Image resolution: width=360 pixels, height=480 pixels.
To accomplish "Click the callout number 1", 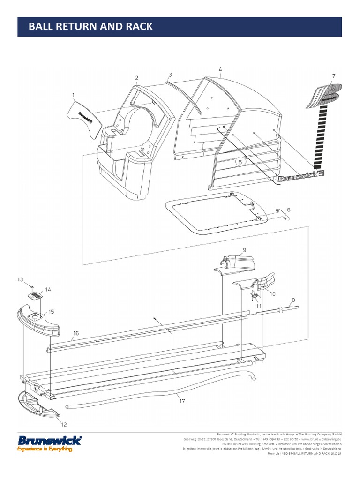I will (74, 96).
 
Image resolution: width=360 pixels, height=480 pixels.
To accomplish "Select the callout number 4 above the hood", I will (220, 70).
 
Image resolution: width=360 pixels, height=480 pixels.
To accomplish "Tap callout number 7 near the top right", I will (334, 76).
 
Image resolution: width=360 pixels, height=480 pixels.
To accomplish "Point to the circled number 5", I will (240, 162).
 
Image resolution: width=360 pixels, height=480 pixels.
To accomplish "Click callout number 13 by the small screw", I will (20, 279).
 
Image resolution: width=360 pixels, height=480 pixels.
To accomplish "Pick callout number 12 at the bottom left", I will (64, 425).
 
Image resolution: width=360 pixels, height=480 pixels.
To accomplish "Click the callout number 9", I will (244, 250).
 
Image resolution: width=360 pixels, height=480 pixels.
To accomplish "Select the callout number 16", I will (75, 334).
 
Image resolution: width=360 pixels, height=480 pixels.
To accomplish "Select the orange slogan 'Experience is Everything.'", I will (45, 449).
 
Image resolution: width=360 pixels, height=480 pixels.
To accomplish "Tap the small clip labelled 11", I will (254, 295).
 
